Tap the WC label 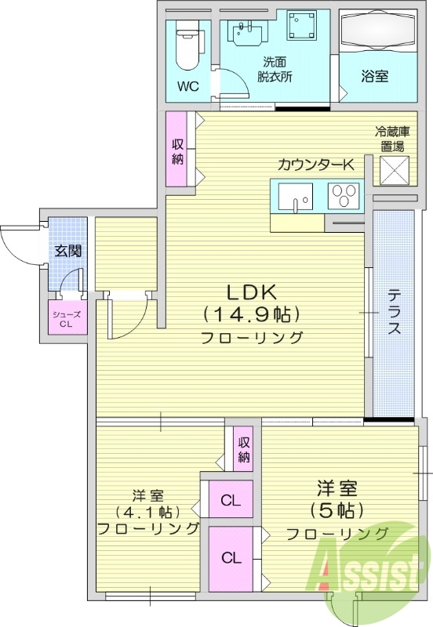(x=187, y=86)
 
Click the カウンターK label (x=316, y=165)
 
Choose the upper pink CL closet (x=231, y=499)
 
